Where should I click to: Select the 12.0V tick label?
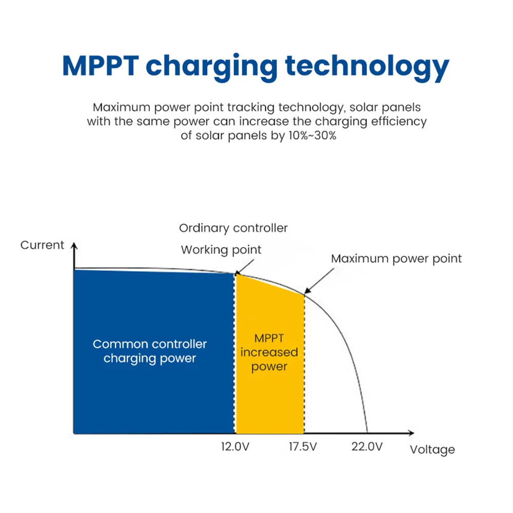click(235, 446)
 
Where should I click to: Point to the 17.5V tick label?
click(303, 446)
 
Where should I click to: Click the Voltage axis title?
click(432, 450)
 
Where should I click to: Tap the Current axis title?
click(43, 245)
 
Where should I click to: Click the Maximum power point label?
click(396, 259)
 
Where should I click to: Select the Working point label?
click(221, 250)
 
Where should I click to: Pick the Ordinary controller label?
click(233, 228)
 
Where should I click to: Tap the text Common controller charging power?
click(150, 351)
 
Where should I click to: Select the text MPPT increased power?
click(269, 352)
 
